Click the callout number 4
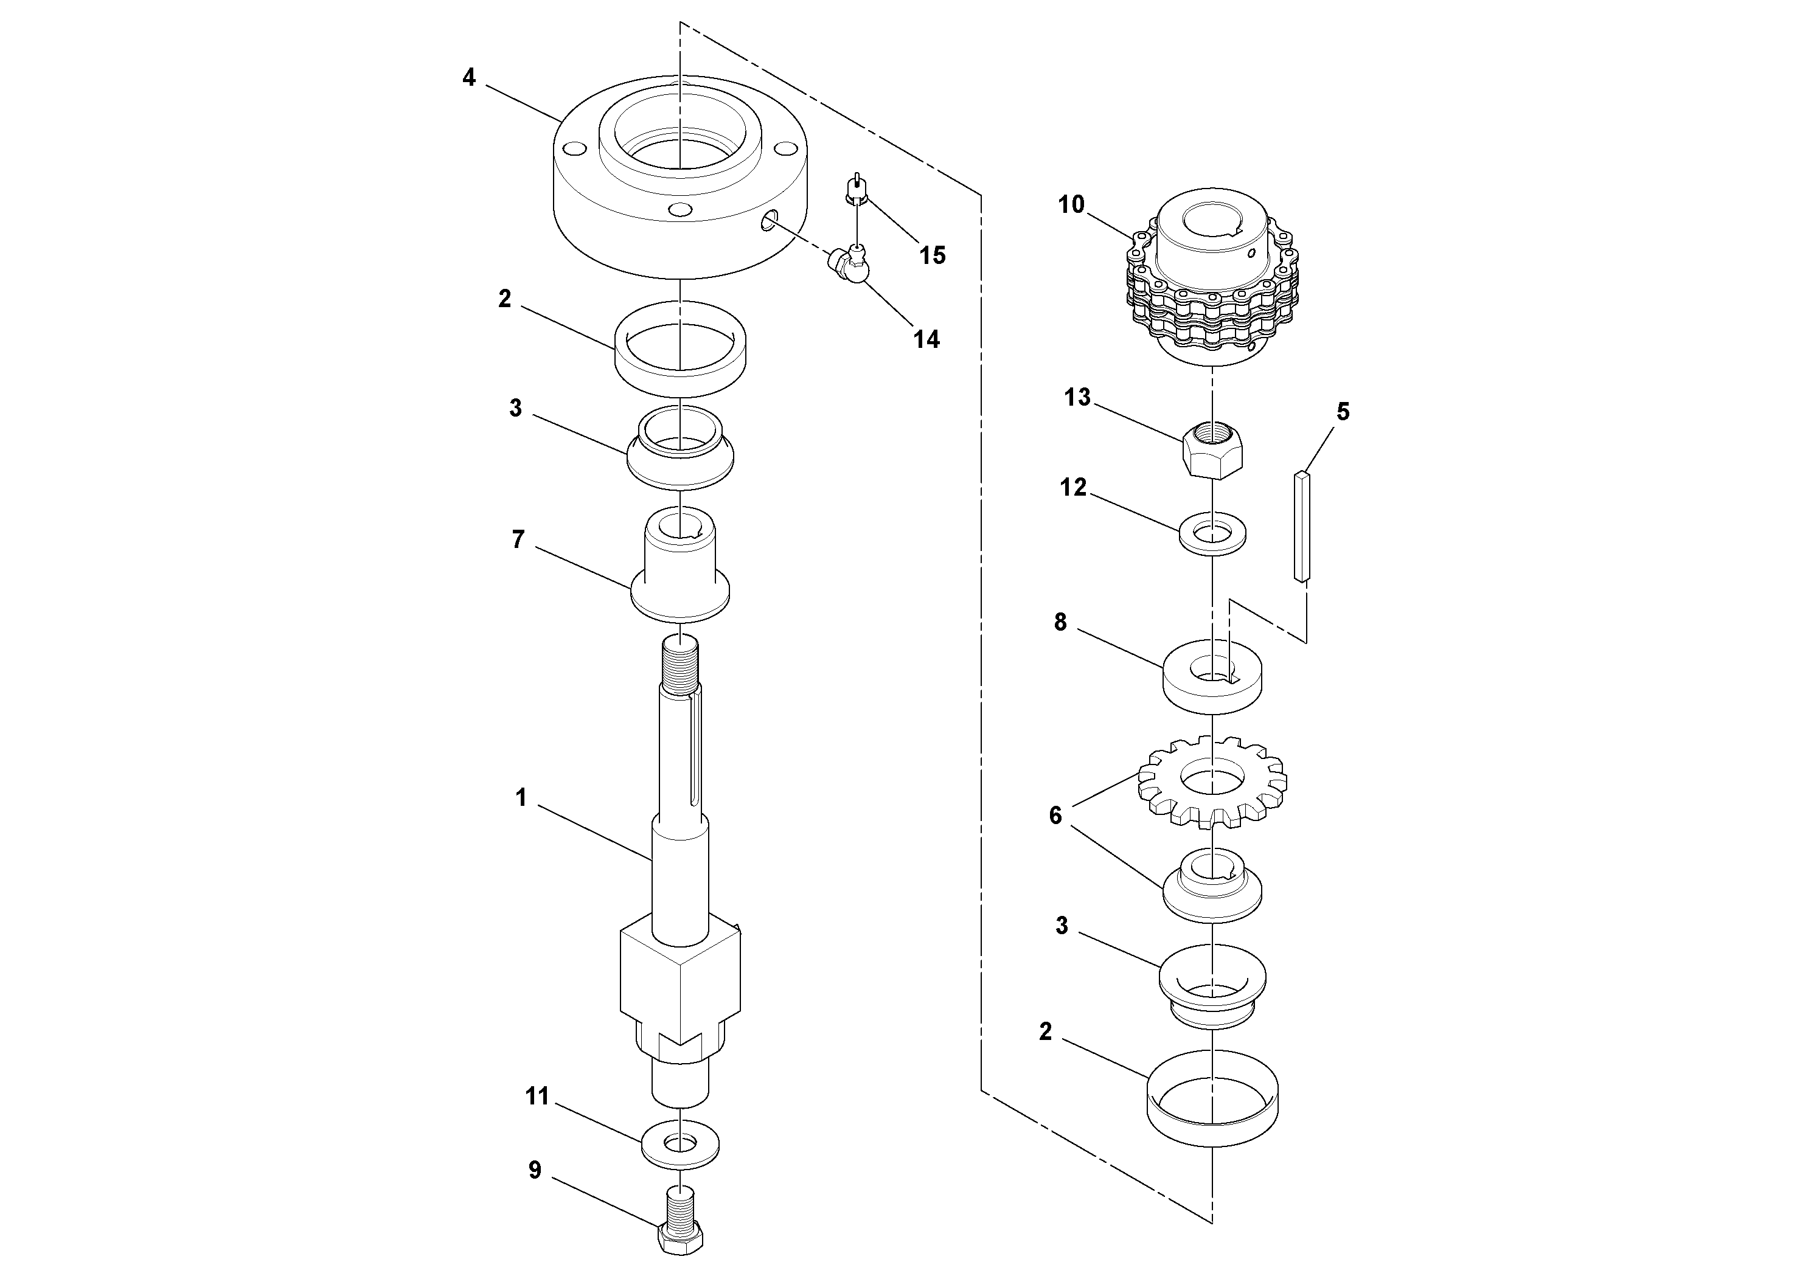[x=469, y=78]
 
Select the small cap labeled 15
[x=856, y=189]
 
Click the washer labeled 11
[x=680, y=1143]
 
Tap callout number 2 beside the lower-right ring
[x=1045, y=1031]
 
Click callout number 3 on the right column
[x=1062, y=926]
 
